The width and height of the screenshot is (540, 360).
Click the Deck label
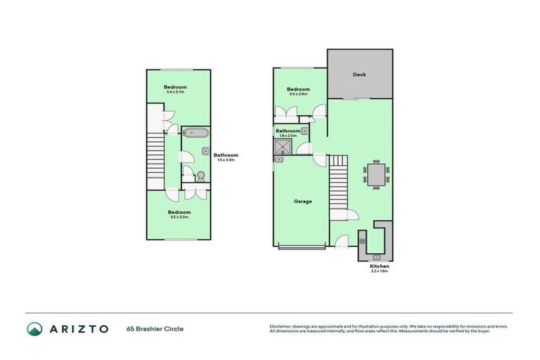point(359,75)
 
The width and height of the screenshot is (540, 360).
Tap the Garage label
point(302,201)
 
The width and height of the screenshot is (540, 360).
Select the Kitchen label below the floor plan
point(379,266)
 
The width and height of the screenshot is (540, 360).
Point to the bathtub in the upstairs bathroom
point(195,132)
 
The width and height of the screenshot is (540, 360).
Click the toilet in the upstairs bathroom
point(200,176)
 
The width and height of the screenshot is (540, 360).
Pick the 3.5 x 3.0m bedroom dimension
point(179,217)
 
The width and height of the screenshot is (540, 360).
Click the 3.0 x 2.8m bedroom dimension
point(299,94)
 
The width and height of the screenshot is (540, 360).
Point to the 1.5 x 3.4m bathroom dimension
point(226,160)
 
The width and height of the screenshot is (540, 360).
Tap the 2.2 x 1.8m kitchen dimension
point(379,272)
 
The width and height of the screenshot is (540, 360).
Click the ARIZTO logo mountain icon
point(34,328)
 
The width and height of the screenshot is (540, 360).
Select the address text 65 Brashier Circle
point(155,328)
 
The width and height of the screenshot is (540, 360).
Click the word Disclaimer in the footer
point(282,326)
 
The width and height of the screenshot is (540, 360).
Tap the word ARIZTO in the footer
point(78,328)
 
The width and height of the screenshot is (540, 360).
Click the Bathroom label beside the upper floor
point(226,155)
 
